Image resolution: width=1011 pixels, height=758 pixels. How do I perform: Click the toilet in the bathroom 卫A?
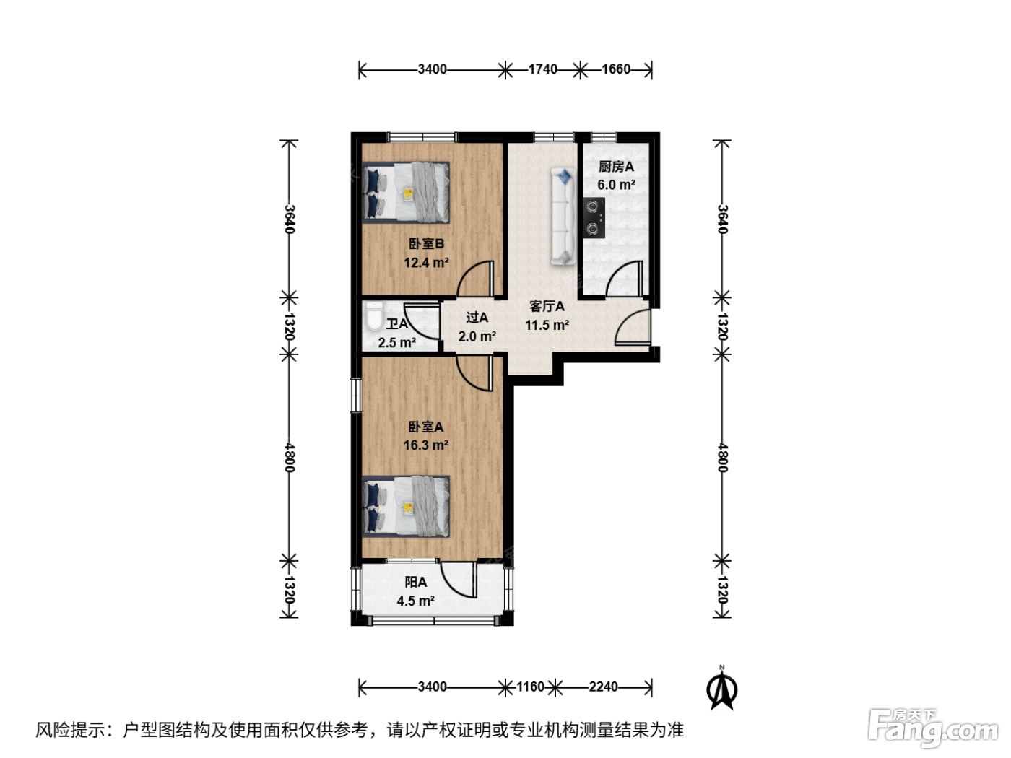pos(373,316)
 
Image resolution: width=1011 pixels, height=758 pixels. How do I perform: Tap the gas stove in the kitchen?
pos(594,218)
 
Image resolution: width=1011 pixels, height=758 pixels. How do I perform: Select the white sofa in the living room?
pos(563,217)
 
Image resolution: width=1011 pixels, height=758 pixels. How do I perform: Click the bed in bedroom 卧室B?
pos(406,192)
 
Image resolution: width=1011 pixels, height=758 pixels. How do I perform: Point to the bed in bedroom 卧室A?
pos(406,506)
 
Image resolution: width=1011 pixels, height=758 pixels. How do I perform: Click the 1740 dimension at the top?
pos(542,69)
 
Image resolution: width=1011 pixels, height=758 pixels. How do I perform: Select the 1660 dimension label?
pos(616,69)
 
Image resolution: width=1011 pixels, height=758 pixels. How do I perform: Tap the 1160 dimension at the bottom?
pos(531,687)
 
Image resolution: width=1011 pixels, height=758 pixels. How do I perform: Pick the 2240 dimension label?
pos(603,687)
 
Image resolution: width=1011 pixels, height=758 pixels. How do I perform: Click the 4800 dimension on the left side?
pos(289,458)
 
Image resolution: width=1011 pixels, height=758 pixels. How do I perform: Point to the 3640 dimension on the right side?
pos(722,219)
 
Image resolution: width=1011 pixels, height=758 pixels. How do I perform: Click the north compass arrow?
pos(721,688)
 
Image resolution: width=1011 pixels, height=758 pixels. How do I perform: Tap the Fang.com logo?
pos(932,728)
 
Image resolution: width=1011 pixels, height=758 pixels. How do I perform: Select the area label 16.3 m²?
pos(426,445)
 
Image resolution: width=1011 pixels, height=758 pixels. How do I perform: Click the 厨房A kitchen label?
pos(616,167)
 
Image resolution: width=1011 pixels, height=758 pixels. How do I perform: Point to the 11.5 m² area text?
pos(547,326)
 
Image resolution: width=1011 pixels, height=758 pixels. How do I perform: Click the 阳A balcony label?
pos(416,582)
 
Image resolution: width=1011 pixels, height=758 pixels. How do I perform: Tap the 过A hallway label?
pos(477,317)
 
